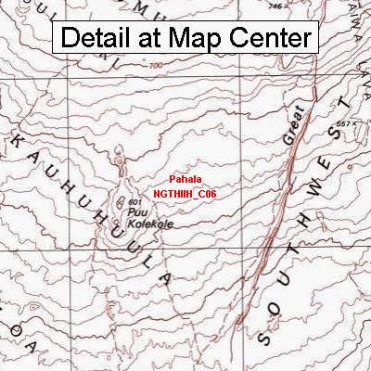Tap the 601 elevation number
(x=134, y=202)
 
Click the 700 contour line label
(x=154, y=65)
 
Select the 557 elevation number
(x=345, y=123)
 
